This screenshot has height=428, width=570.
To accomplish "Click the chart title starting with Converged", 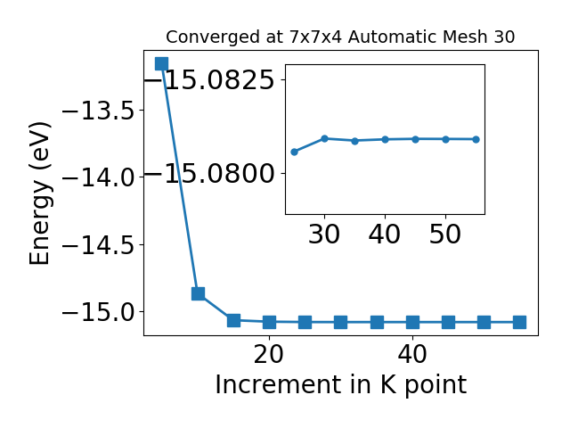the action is click(340, 37).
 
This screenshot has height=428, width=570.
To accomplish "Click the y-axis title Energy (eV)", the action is click(39, 193).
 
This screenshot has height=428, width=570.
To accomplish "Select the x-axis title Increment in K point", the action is click(340, 385).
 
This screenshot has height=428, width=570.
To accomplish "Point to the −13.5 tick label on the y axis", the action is click(99, 111).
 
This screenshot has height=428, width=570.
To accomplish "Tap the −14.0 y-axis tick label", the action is click(99, 177).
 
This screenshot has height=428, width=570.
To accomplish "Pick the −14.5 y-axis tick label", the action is click(99, 245).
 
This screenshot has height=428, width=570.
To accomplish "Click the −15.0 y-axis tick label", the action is click(99, 312).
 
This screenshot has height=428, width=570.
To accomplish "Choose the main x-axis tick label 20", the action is click(269, 354).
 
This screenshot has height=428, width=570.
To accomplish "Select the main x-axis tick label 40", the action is click(412, 354).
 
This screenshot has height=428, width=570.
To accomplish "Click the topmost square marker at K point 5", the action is click(161, 63).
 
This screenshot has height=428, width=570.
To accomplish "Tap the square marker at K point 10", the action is click(198, 293).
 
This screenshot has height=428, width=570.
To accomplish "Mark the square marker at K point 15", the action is click(233, 320).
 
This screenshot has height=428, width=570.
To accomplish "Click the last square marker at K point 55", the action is click(519, 322).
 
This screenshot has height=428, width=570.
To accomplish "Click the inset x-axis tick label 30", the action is click(324, 234).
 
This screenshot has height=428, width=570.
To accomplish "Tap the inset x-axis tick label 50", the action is click(445, 234).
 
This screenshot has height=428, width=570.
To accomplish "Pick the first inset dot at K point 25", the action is click(295, 152).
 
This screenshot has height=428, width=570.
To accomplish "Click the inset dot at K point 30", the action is click(324, 139).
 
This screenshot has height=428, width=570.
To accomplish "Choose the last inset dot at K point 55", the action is click(476, 139).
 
